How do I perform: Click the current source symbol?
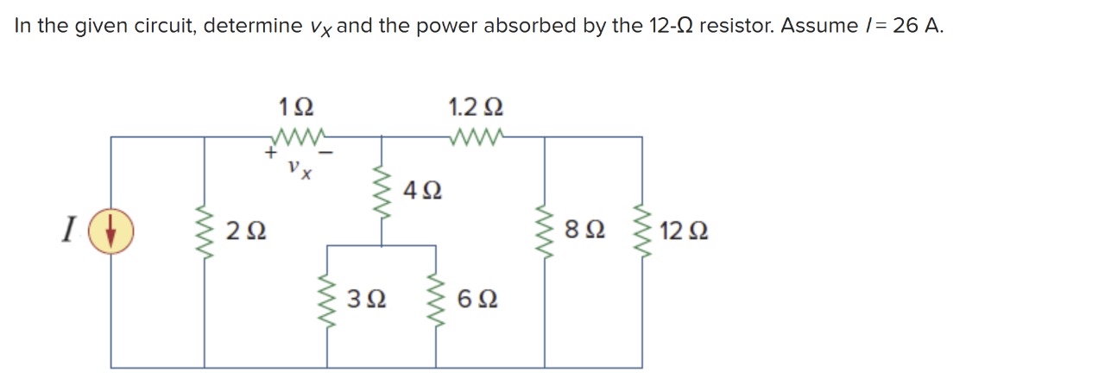tap(110, 231)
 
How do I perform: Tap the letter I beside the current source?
tap(66, 231)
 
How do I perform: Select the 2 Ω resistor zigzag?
tap(205, 231)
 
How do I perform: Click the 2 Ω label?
tap(245, 231)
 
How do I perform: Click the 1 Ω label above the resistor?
tap(296, 108)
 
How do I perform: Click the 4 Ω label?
tap(423, 190)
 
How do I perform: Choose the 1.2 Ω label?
tap(476, 108)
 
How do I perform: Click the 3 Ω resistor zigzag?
tap(327, 300)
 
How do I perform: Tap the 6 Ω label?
tap(478, 300)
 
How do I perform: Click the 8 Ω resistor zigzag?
tap(544, 231)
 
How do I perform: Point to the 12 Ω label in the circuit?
tap(684, 231)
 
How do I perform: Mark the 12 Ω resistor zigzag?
tap(641, 231)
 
